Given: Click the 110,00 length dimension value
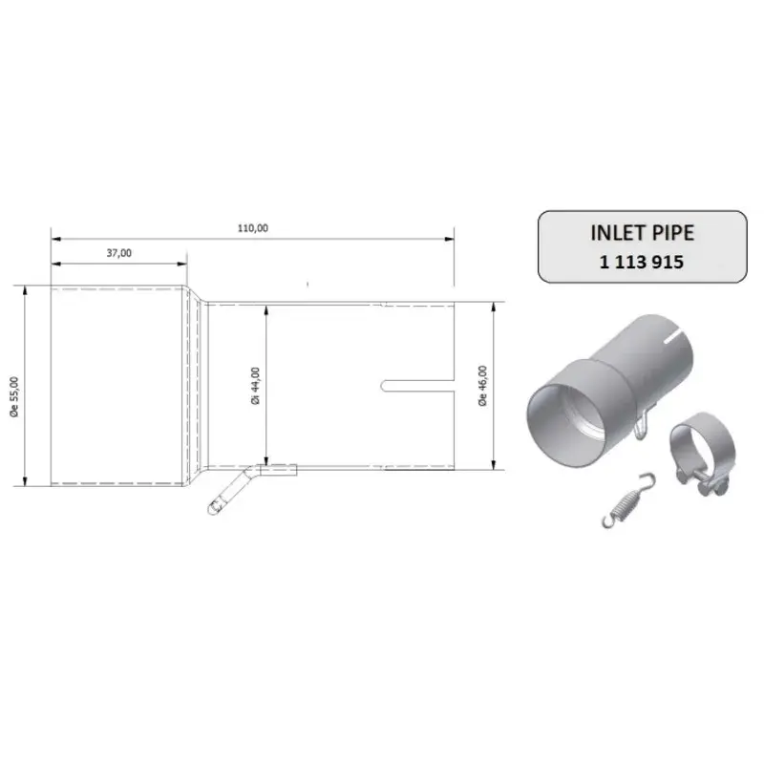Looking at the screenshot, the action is tap(253, 228).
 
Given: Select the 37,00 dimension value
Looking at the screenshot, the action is tap(118, 253).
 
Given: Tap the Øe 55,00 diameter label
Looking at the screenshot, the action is tap(14, 396).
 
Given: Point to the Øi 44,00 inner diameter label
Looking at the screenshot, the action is tap(255, 387).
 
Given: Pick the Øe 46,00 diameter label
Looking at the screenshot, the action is tap(482, 386).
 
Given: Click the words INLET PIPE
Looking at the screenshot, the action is tap(642, 233).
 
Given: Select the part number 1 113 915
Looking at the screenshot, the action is tap(642, 262).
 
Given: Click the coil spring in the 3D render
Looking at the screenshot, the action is tap(628, 499).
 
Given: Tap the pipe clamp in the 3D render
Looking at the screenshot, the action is tap(702, 453).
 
